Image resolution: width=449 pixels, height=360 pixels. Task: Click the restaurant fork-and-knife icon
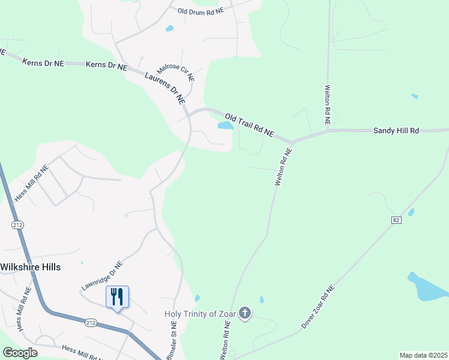tap(117, 296)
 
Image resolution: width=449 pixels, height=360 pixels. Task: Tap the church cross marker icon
tap(244, 313)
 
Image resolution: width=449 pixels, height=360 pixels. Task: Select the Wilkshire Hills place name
tap(31, 267)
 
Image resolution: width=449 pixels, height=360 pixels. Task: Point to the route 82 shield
tap(395, 221)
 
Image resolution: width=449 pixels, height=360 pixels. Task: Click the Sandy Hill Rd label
tap(396, 130)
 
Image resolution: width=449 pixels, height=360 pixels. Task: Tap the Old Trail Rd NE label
tap(249, 124)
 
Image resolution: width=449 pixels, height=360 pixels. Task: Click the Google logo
tap(20, 353)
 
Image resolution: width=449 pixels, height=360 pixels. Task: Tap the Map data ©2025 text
tap(423, 355)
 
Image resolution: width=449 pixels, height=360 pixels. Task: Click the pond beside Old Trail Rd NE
tap(225, 125)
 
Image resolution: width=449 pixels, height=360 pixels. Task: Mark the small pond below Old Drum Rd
tap(169, 28)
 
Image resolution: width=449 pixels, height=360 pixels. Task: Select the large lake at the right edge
tap(427, 287)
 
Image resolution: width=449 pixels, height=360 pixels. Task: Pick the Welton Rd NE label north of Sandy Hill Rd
tap(328, 104)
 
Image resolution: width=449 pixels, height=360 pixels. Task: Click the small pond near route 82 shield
tap(411, 212)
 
